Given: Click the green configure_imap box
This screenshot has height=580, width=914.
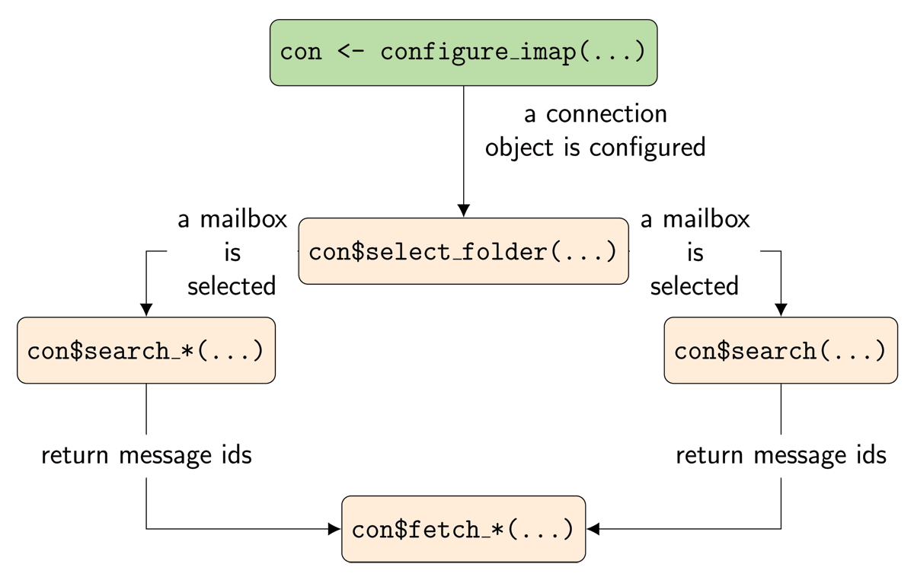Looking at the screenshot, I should (x=463, y=53).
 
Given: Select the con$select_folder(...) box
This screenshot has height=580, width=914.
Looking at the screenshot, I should (x=463, y=251).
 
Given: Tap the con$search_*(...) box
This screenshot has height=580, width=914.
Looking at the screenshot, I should (x=145, y=350).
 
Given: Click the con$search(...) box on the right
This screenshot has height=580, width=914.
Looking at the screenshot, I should (x=781, y=350).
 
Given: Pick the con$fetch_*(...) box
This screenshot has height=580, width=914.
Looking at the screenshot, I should (x=463, y=529).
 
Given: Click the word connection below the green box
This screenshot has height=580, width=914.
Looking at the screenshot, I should (x=606, y=114).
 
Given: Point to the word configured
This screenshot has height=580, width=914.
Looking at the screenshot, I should (x=647, y=147).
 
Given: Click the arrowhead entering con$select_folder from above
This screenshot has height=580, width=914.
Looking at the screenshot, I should (x=463, y=211).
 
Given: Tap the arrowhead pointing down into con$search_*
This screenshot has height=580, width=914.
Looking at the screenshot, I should (x=145, y=310).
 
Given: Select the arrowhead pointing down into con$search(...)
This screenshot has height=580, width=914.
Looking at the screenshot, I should (x=781, y=310).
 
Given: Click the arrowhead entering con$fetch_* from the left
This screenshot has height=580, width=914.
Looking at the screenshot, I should (x=334, y=528).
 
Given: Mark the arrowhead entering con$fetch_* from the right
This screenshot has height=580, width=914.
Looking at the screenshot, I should (x=594, y=528).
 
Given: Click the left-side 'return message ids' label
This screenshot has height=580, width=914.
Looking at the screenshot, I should (x=145, y=455).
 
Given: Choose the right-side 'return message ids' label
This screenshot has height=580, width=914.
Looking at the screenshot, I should (x=781, y=455).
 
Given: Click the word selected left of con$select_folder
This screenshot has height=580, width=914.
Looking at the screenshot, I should (x=232, y=286).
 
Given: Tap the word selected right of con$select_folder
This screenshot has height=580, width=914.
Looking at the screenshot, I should (x=694, y=286).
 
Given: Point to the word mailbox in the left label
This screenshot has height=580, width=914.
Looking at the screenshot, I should (x=244, y=219).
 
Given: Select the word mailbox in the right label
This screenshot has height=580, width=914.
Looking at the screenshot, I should (x=707, y=219).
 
